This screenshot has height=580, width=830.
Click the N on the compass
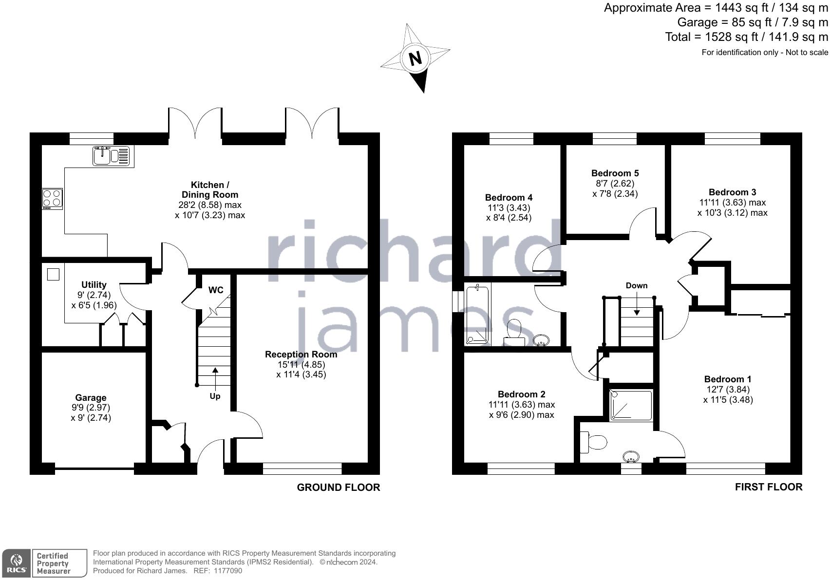click(415, 58)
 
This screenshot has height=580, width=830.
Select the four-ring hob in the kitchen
click(52, 198)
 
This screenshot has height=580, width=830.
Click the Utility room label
click(94, 285)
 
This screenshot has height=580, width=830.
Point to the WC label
click(216, 290)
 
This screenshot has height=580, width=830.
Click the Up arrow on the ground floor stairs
click(215, 377)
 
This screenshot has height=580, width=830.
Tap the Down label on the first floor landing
click(637, 285)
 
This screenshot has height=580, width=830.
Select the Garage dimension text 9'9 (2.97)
click(90, 408)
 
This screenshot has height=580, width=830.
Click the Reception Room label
click(301, 354)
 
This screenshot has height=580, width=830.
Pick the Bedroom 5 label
click(615, 173)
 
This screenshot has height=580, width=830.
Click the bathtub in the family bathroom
click(477, 315)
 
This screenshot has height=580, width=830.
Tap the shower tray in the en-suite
click(631, 405)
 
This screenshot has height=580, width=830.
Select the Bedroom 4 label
click(509, 197)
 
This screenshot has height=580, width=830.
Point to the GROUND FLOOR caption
click(338, 487)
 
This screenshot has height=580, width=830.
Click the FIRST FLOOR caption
click(768, 486)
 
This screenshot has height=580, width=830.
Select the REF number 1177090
click(225, 571)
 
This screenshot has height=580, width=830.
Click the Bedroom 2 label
click(521, 394)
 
